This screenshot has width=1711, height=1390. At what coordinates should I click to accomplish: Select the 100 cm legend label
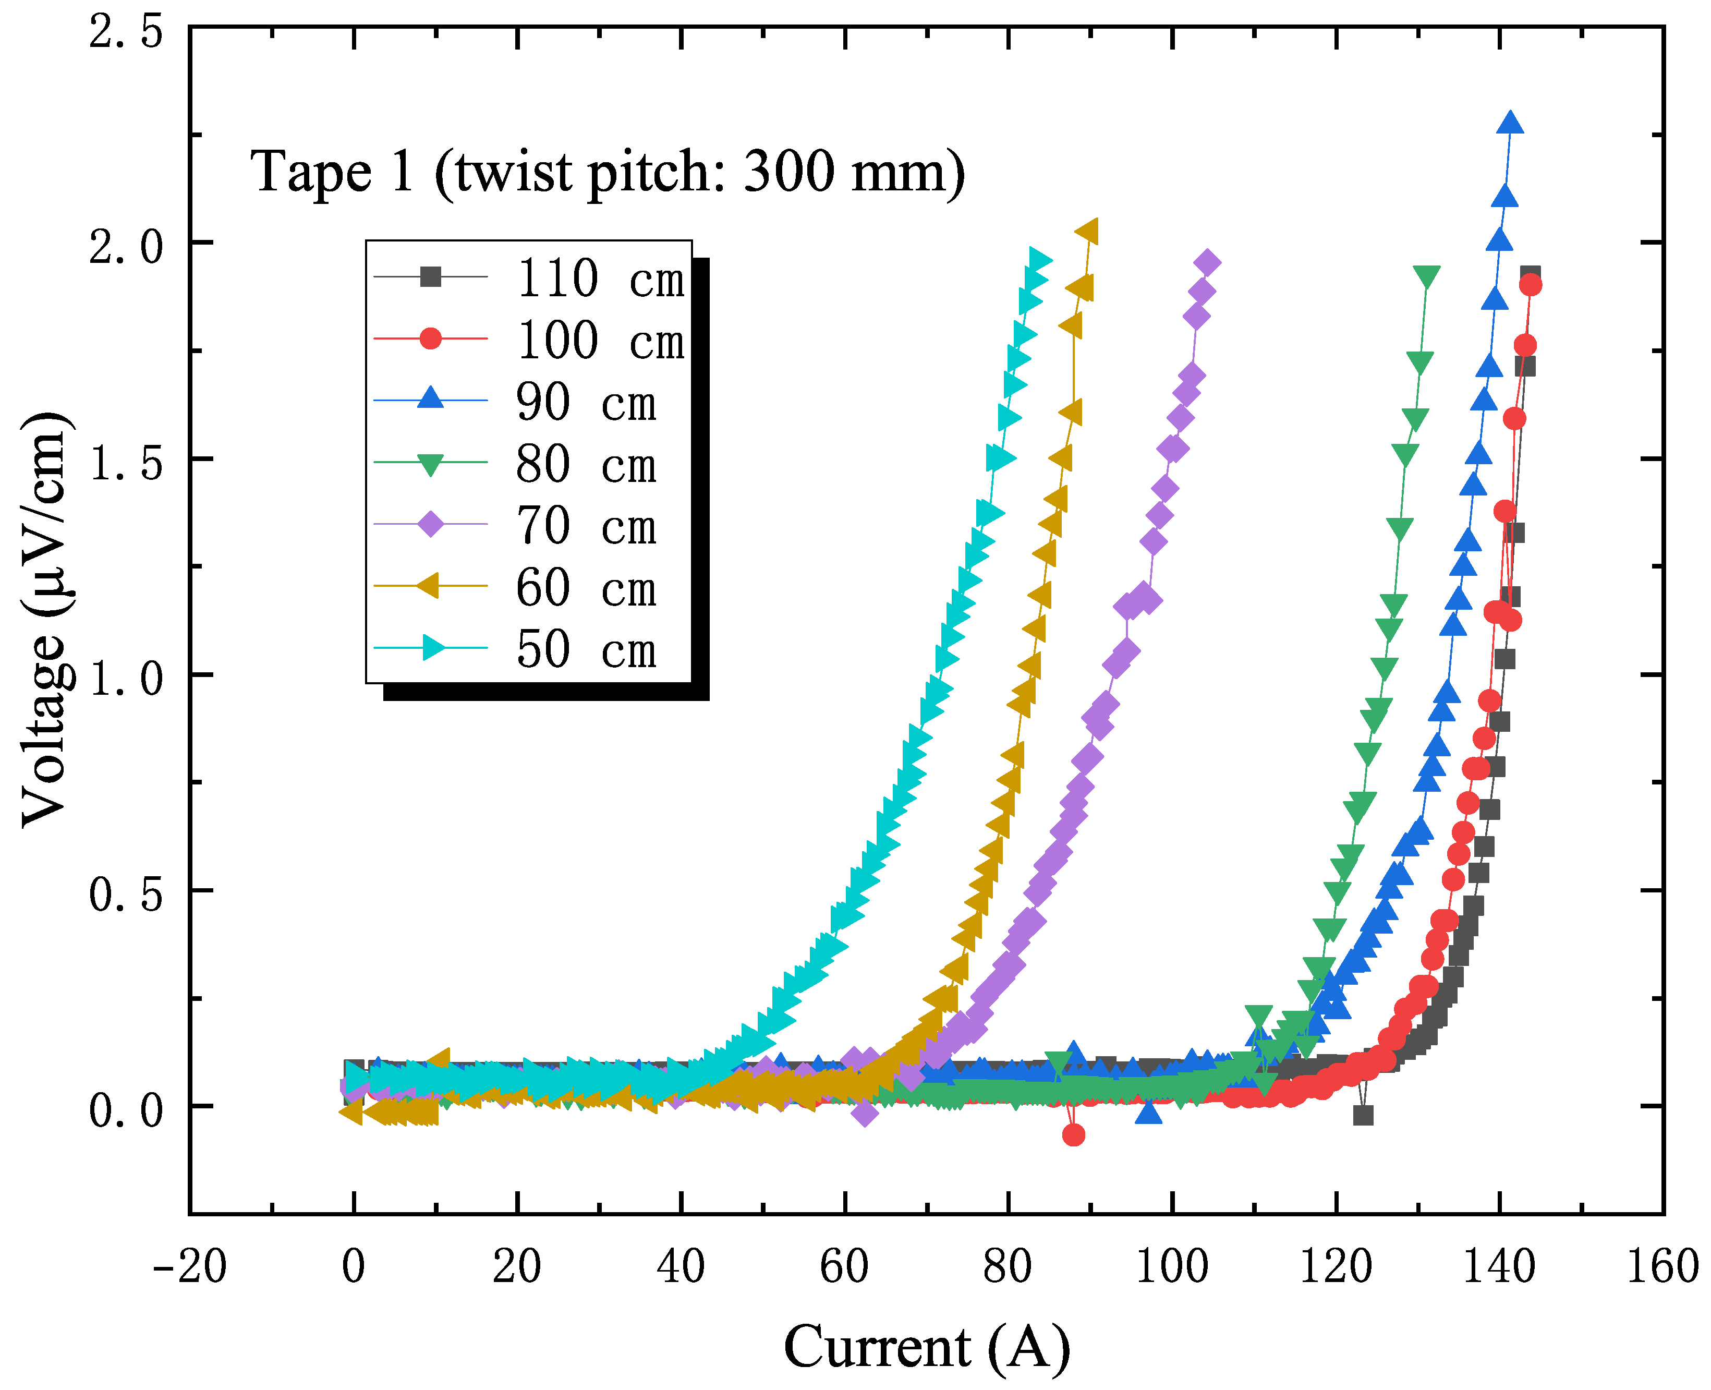click(x=600, y=340)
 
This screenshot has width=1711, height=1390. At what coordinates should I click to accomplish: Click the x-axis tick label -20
click(x=190, y=1267)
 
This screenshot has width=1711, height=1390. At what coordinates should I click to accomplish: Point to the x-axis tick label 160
click(x=1662, y=1267)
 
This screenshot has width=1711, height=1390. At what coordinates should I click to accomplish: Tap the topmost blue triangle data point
click(x=1510, y=123)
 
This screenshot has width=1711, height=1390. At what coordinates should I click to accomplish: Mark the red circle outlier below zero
click(x=1074, y=1134)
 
